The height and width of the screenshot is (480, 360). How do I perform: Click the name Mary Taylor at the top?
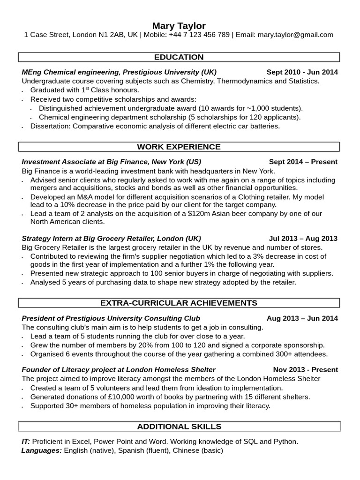[x=179, y=25]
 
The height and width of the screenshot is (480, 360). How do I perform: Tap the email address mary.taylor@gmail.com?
[x=295, y=35]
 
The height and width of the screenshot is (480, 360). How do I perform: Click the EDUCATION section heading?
[x=179, y=57]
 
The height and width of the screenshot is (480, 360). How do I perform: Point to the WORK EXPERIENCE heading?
[x=179, y=147]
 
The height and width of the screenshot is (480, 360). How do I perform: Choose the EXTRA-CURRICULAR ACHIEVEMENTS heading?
[x=179, y=303]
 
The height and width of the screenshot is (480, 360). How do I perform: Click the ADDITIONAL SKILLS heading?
[x=179, y=427]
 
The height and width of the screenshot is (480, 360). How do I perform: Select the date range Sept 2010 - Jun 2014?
[x=302, y=72]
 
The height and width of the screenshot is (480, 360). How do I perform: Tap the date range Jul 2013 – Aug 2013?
[x=303, y=238]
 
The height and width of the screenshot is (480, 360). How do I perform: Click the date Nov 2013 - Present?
[x=305, y=370]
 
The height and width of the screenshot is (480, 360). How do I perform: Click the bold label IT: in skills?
[x=26, y=442]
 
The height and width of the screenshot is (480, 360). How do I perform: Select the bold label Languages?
[x=41, y=450]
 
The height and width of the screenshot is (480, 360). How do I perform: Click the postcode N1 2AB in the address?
[x=112, y=35]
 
